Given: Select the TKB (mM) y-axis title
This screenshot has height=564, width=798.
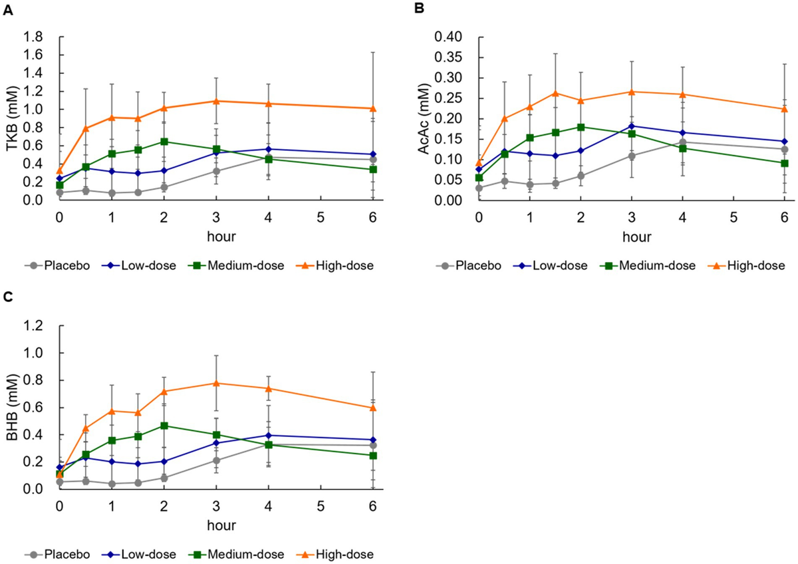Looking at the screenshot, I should pyautogui.click(x=11, y=118).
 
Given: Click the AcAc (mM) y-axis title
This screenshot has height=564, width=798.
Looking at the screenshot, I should pyautogui.click(x=424, y=118).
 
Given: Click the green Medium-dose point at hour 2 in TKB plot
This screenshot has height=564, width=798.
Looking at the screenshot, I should pyautogui.click(x=164, y=142).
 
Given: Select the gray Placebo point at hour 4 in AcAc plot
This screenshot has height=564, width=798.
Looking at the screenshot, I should pyautogui.click(x=680, y=142).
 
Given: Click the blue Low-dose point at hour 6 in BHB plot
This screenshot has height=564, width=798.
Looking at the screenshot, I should pyautogui.click(x=372, y=440).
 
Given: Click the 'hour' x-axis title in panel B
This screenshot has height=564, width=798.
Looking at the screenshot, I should pyautogui.click(x=631, y=236).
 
